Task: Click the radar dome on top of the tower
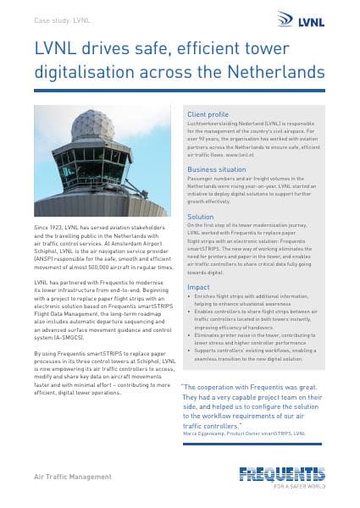93,126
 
